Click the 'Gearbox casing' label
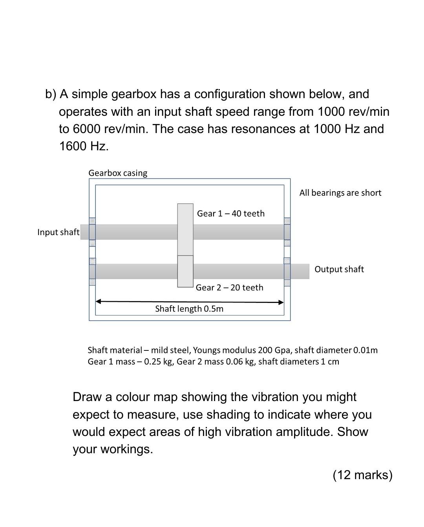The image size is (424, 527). click(118, 173)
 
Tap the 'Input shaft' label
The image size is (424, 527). click(58, 232)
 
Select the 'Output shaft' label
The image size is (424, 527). click(339, 269)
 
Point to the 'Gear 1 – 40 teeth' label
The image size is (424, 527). click(230, 213)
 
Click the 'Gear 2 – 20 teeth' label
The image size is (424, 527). click(229, 288)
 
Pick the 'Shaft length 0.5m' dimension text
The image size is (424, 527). click(189, 309)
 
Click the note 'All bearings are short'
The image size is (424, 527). click(340, 193)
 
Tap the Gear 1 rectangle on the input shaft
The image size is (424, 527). click(185, 229)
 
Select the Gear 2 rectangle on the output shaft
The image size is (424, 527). click(185, 271)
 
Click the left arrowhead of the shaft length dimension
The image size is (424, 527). click(99, 301)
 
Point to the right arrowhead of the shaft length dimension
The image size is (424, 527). click(281, 302)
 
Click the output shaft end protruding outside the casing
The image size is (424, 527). click(300, 271)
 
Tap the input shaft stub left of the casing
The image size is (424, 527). click(84, 232)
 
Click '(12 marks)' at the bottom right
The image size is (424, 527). click(362, 475)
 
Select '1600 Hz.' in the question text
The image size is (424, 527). click(84, 146)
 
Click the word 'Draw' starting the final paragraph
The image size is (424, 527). click(88, 397)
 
